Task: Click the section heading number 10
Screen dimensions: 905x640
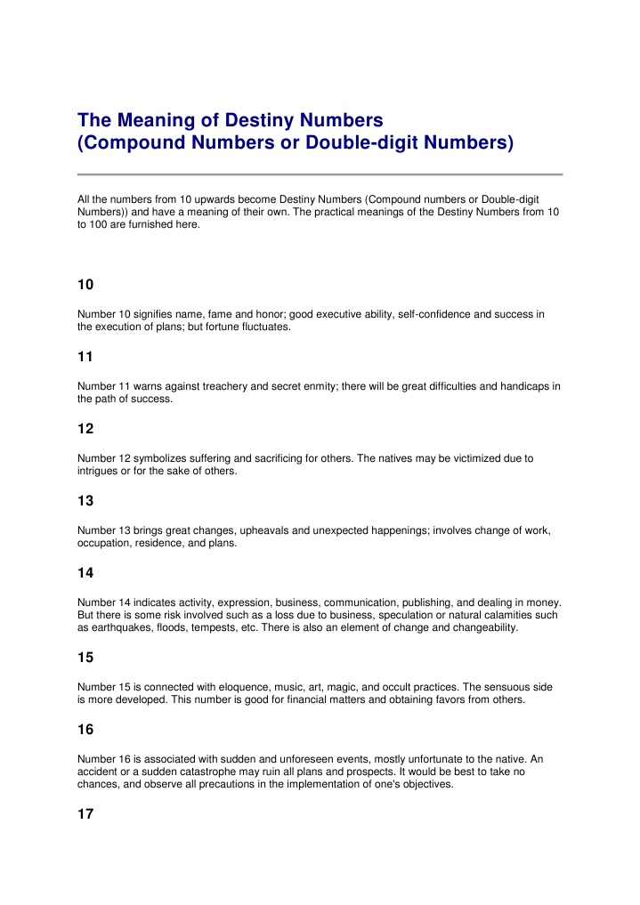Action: coord(85,286)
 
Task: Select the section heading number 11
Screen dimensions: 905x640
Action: coord(85,357)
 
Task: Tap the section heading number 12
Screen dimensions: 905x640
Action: coord(85,428)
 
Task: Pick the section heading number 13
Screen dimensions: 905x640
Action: coord(85,500)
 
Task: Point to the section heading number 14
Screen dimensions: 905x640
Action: coord(85,572)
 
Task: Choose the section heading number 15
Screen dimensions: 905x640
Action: coord(85,657)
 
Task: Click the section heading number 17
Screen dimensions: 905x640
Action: coord(85,813)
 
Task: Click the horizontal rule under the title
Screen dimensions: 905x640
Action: coord(320,174)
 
